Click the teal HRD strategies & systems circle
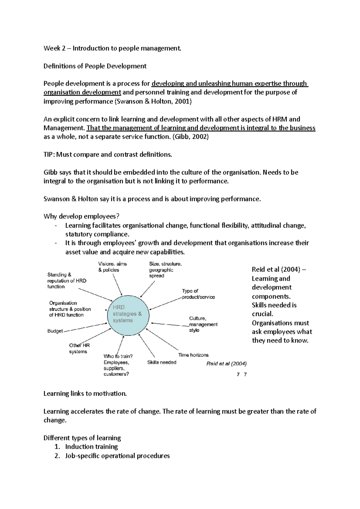pyautogui.click(x=128, y=314)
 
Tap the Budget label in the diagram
pyautogui.click(x=55, y=331)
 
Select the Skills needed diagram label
pyautogui.click(x=162, y=362)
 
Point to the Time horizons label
pyautogui.click(x=193, y=355)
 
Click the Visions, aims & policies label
pyautogui.click(x=112, y=267)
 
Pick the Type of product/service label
pyautogui.click(x=198, y=294)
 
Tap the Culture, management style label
pyautogui.click(x=203, y=324)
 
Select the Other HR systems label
pyautogui.click(x=79, y=348)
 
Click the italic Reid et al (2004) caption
pyautogui.click(x=226, y=364)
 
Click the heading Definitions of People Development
pyautogui.click(x=95, y=66)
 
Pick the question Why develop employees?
pyautogui.click(x=82, y=216)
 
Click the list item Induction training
pyautogui.click(x=91, y=447)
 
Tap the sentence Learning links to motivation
pyautogui.click(x=85, y=394)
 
